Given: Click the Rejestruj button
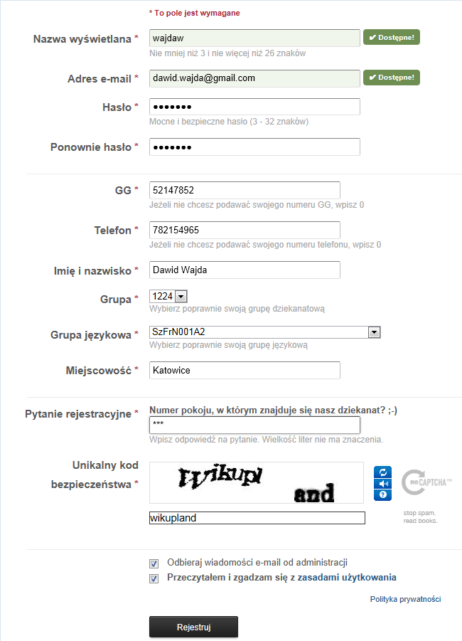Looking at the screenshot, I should (193, 627).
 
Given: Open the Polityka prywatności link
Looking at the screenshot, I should (405, 599).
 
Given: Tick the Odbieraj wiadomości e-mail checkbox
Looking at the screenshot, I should (154, 563).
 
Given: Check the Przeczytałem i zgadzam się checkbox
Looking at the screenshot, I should (154, 578).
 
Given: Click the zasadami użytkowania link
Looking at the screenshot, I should (347, 578).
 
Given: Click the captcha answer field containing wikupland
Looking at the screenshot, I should (257, 518).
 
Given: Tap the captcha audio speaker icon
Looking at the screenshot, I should (382, 483).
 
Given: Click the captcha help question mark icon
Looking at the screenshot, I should (382, 494).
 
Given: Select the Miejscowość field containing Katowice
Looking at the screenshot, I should (245, 370).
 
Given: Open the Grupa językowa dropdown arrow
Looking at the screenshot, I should (373, 332).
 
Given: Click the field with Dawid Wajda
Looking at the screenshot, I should (245, 270).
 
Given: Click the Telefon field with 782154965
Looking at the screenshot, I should (245, 230).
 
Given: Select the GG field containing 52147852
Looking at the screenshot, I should (245, 190).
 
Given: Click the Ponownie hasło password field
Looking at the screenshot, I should (254, 147).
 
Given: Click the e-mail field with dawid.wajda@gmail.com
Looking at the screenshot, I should (254, 78).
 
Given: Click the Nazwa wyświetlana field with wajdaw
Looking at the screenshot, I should (254, 38).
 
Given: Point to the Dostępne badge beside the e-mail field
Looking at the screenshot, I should (391, 78).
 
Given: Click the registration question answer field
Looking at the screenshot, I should (254, 425).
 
